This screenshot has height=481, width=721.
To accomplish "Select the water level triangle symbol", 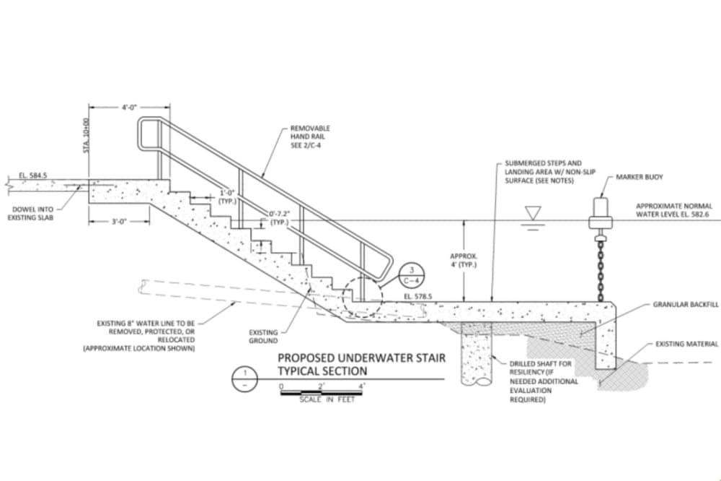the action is click(x=533, y=213).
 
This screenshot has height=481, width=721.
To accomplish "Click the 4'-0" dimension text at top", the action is click(x=129, y=108).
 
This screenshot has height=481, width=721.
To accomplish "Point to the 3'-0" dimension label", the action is click(x=119, y=222).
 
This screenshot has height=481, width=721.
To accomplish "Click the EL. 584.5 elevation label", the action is click(x=32, y=175).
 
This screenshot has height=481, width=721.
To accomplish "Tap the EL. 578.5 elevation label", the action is click(x=418, y=296).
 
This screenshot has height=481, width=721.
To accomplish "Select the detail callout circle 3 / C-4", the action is click(x=412, y=275).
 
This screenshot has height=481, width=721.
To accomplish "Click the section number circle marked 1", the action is click(x=244, y=378).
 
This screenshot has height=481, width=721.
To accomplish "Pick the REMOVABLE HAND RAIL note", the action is click(x=310, y=136).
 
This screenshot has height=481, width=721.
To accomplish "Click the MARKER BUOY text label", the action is click(x=640, y=177).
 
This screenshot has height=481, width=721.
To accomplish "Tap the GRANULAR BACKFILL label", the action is click(x=686, y=305).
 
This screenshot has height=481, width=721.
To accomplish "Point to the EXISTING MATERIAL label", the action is click(x=686, y=344).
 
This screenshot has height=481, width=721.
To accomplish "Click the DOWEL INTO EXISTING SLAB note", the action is click(x=31, y=213).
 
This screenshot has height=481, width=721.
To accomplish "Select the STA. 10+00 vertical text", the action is click(x=86, y=136).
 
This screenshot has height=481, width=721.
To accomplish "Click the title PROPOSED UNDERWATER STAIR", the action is click(x=361, y=357).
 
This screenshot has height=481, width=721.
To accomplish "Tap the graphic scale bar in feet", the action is click(x=322, y=393).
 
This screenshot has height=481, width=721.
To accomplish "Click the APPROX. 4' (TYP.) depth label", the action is click(x=464, y=260).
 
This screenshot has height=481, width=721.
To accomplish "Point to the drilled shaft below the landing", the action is click(x=476, y=353).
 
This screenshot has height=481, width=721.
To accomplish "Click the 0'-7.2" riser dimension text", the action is click(x=280, y=218).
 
